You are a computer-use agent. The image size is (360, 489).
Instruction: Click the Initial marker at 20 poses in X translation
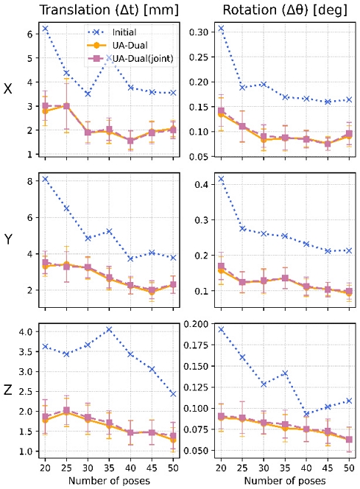tap(45, 29)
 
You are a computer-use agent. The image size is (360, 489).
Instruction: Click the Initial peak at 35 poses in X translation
tap(109, 57)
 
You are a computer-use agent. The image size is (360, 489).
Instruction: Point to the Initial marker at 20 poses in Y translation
tap(45, 179)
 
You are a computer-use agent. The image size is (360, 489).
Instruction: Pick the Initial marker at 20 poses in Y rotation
tap(220, 179)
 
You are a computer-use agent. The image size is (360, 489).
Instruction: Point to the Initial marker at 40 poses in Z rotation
tap(306, 414)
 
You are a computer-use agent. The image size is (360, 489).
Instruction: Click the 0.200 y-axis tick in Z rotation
tap(196, 324)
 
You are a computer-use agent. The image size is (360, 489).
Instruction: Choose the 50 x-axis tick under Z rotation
tap(349, 469)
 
